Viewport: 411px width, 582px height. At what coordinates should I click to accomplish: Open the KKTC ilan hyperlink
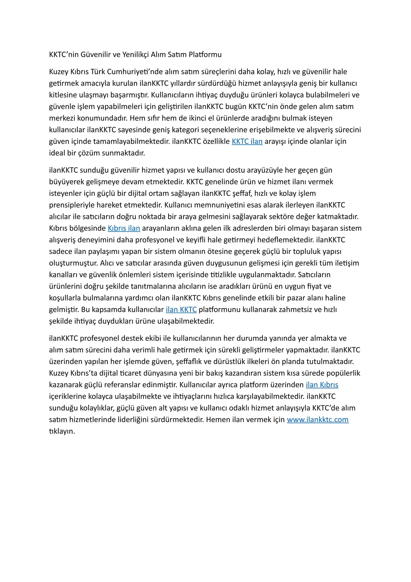(247, 141)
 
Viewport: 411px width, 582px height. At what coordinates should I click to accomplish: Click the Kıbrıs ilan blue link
(124, 228)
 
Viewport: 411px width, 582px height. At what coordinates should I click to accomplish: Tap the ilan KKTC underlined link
(181, 309)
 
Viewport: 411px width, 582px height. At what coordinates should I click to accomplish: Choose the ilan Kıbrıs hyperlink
(322, 385)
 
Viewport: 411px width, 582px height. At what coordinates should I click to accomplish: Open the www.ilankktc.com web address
(318, 419)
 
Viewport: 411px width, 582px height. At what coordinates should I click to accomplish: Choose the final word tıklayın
(62, 431)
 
